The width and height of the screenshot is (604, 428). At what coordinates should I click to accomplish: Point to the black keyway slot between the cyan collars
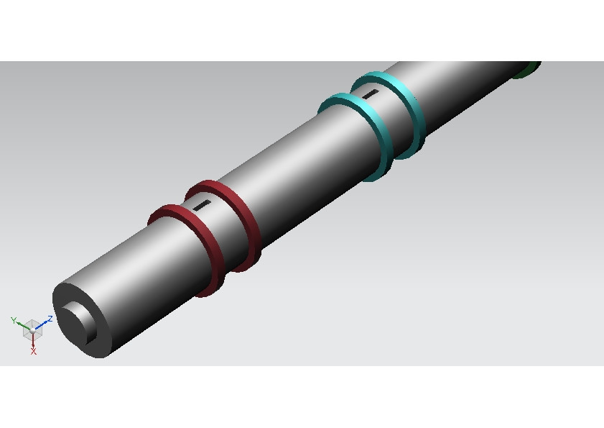click(x=370, y=94)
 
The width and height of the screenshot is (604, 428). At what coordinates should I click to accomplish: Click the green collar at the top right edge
click(x=529, y=69)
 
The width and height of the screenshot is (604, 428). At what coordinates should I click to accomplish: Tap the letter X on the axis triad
click(x=33, y=351)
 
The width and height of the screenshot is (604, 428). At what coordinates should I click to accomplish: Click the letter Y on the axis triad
click(x=14, y=320)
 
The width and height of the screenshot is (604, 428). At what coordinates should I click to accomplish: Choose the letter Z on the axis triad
click(x=50, y=318)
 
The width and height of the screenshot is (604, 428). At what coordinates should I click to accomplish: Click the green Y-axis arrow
click(x=22, y=324)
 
